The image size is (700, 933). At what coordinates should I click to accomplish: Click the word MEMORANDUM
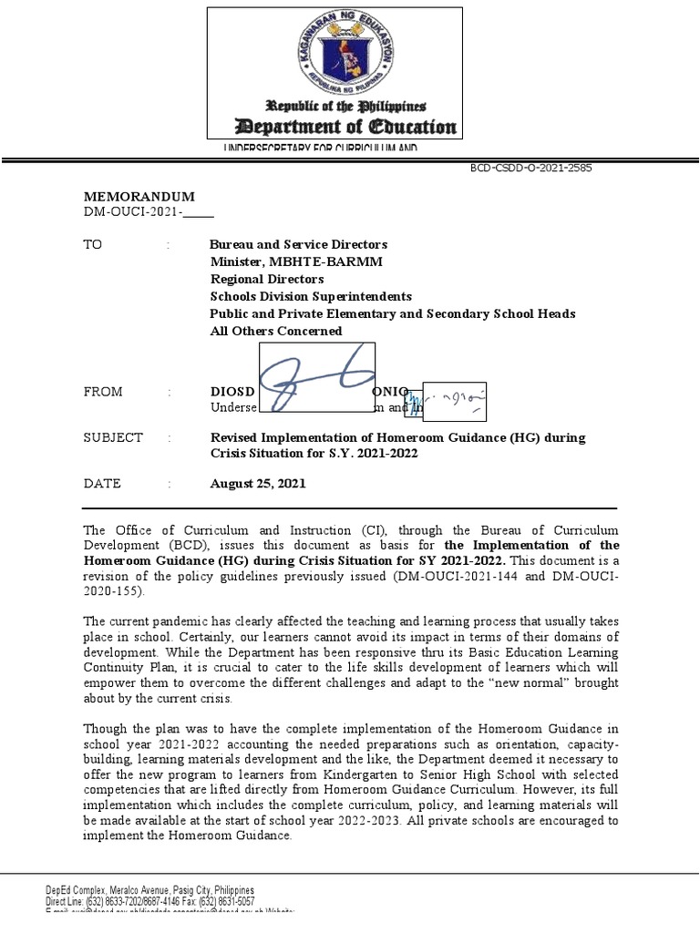click(139, 197)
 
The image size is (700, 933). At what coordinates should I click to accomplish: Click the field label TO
click(92, 244)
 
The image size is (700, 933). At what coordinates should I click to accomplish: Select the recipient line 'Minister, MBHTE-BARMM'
click(283, 261)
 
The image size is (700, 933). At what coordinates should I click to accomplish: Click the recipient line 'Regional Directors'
click(267, 279)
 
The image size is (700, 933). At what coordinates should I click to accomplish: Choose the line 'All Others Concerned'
click(276, 331)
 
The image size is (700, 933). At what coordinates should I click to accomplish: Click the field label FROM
click(102, 392)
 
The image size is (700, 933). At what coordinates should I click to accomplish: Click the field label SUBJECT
click(113, 437)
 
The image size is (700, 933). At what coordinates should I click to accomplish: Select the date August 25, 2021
click(258, 484)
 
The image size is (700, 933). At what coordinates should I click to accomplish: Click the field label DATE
click(101, 484)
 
